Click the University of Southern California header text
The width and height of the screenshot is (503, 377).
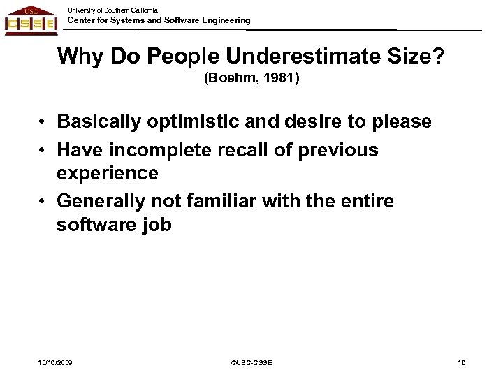[112, 10]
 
